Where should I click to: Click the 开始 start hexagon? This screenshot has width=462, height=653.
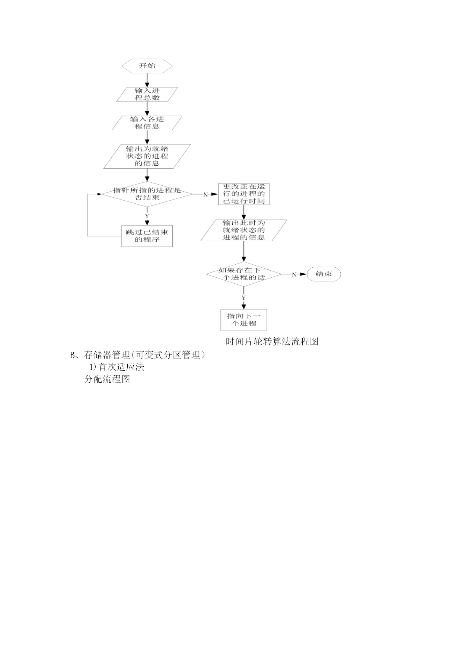[147, 66]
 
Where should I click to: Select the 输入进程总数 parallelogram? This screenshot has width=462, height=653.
[147, 94]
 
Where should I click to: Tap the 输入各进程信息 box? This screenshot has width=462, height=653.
[147, 123]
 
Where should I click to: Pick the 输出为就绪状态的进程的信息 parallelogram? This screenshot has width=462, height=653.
[147, 156]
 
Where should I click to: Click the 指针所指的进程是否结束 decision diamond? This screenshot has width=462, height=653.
[147, 194]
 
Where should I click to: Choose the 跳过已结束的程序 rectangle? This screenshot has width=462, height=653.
[147, 236]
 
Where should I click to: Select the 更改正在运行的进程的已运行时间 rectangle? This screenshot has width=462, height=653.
[244, 194]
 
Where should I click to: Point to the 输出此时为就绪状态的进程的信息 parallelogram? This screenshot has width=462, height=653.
[244, 230]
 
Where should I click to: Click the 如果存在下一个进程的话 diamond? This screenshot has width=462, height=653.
[244, 274]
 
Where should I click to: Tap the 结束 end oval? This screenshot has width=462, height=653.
[324, 274]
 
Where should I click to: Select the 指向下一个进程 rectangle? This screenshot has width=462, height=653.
[244, 320]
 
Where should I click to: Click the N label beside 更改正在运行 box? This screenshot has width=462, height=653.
[205, 194]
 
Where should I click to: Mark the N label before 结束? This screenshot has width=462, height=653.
[294, 274]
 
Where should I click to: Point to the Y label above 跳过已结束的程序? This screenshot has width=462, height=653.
[147, 216]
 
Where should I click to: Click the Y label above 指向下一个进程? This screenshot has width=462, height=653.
[244, 298]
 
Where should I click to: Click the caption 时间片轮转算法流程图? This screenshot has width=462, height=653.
[272, 341]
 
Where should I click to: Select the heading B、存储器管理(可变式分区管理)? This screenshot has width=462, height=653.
[137, 355]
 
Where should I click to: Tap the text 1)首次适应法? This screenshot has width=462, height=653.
[117, 367]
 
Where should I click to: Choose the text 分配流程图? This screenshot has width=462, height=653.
[107, 379]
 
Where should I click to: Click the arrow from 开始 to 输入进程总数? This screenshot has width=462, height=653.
[147, 80]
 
